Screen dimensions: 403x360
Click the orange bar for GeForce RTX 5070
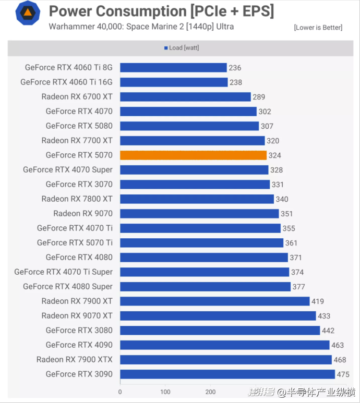193,155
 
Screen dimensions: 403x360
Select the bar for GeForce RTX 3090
227,374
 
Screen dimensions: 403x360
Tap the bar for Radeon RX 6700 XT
185,96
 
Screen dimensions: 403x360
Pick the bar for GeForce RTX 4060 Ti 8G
173,67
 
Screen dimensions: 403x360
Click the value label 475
344,374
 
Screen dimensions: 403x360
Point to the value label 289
259,97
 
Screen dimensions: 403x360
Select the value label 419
318,301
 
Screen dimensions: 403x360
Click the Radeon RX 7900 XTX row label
74,359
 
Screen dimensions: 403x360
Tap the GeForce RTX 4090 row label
79,345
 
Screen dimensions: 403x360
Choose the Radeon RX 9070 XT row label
77,315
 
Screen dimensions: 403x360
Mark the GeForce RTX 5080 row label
79,126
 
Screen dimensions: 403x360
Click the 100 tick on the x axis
165,392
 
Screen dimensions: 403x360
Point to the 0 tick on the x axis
120,392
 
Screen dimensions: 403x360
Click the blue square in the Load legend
166,48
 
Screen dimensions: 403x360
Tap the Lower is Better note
318,27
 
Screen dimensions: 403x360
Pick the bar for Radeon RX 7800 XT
197,199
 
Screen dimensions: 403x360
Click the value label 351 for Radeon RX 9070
286,214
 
